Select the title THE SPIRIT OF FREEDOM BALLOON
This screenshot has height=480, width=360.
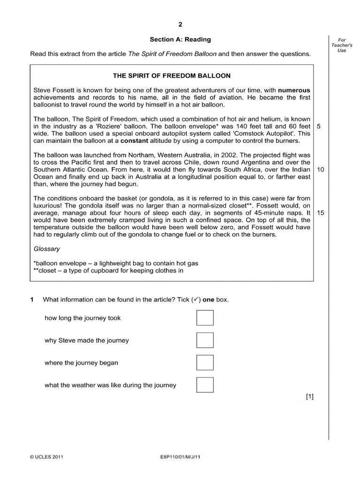(x=172, y=75)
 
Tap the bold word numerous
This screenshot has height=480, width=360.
(x=294, y=90)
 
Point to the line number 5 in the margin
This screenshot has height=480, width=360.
(x=319, y=126)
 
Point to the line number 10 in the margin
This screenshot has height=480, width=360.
(x=321, y=169)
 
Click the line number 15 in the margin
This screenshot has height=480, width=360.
(x=321, y=212)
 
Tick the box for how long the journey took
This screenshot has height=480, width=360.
(x=205, y=318)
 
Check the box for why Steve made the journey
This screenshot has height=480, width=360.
(x=205, y=340)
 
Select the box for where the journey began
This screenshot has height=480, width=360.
(x=205, y=363)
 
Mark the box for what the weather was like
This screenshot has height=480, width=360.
(x=205, y=385)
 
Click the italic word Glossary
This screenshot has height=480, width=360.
(x=47, y=249)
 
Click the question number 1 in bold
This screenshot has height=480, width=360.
(x=32, y=300)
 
